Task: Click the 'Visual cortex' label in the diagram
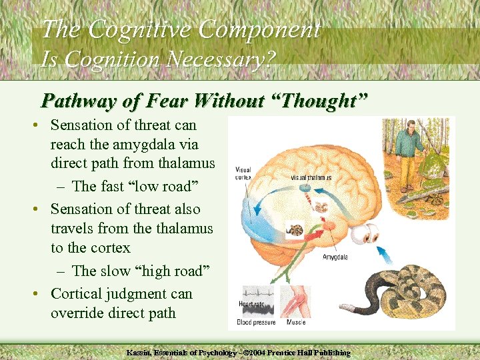[243, 174]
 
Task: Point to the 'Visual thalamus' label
[311, 178]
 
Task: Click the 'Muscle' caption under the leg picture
[295, 323]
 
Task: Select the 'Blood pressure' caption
[257, 323]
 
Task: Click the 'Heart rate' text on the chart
[251, 304]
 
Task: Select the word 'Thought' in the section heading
[319, 101]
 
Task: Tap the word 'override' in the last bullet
[78, 313]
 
